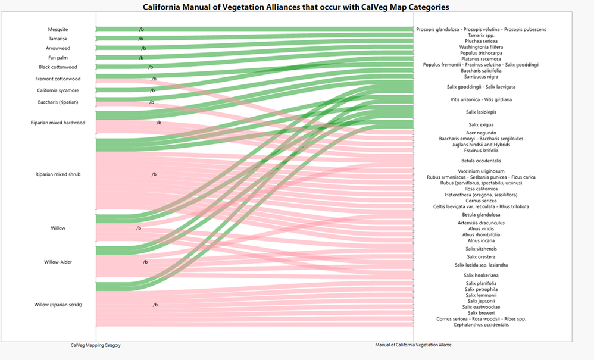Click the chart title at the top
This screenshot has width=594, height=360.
[x=296, y=7]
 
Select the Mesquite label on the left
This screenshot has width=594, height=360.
[x=58, y=29]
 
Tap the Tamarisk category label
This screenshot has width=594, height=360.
[x=58, y=39]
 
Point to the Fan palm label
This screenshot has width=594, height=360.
[x=58, y=58]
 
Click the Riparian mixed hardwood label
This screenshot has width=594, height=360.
[x=58, y=123]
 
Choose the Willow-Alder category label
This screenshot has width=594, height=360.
[x=58, y=262]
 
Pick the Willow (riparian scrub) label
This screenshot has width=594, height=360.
[x=58, y=305]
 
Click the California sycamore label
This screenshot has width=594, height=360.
[x=58, y=90]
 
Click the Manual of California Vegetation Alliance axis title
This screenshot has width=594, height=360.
[x=413, y=345]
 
